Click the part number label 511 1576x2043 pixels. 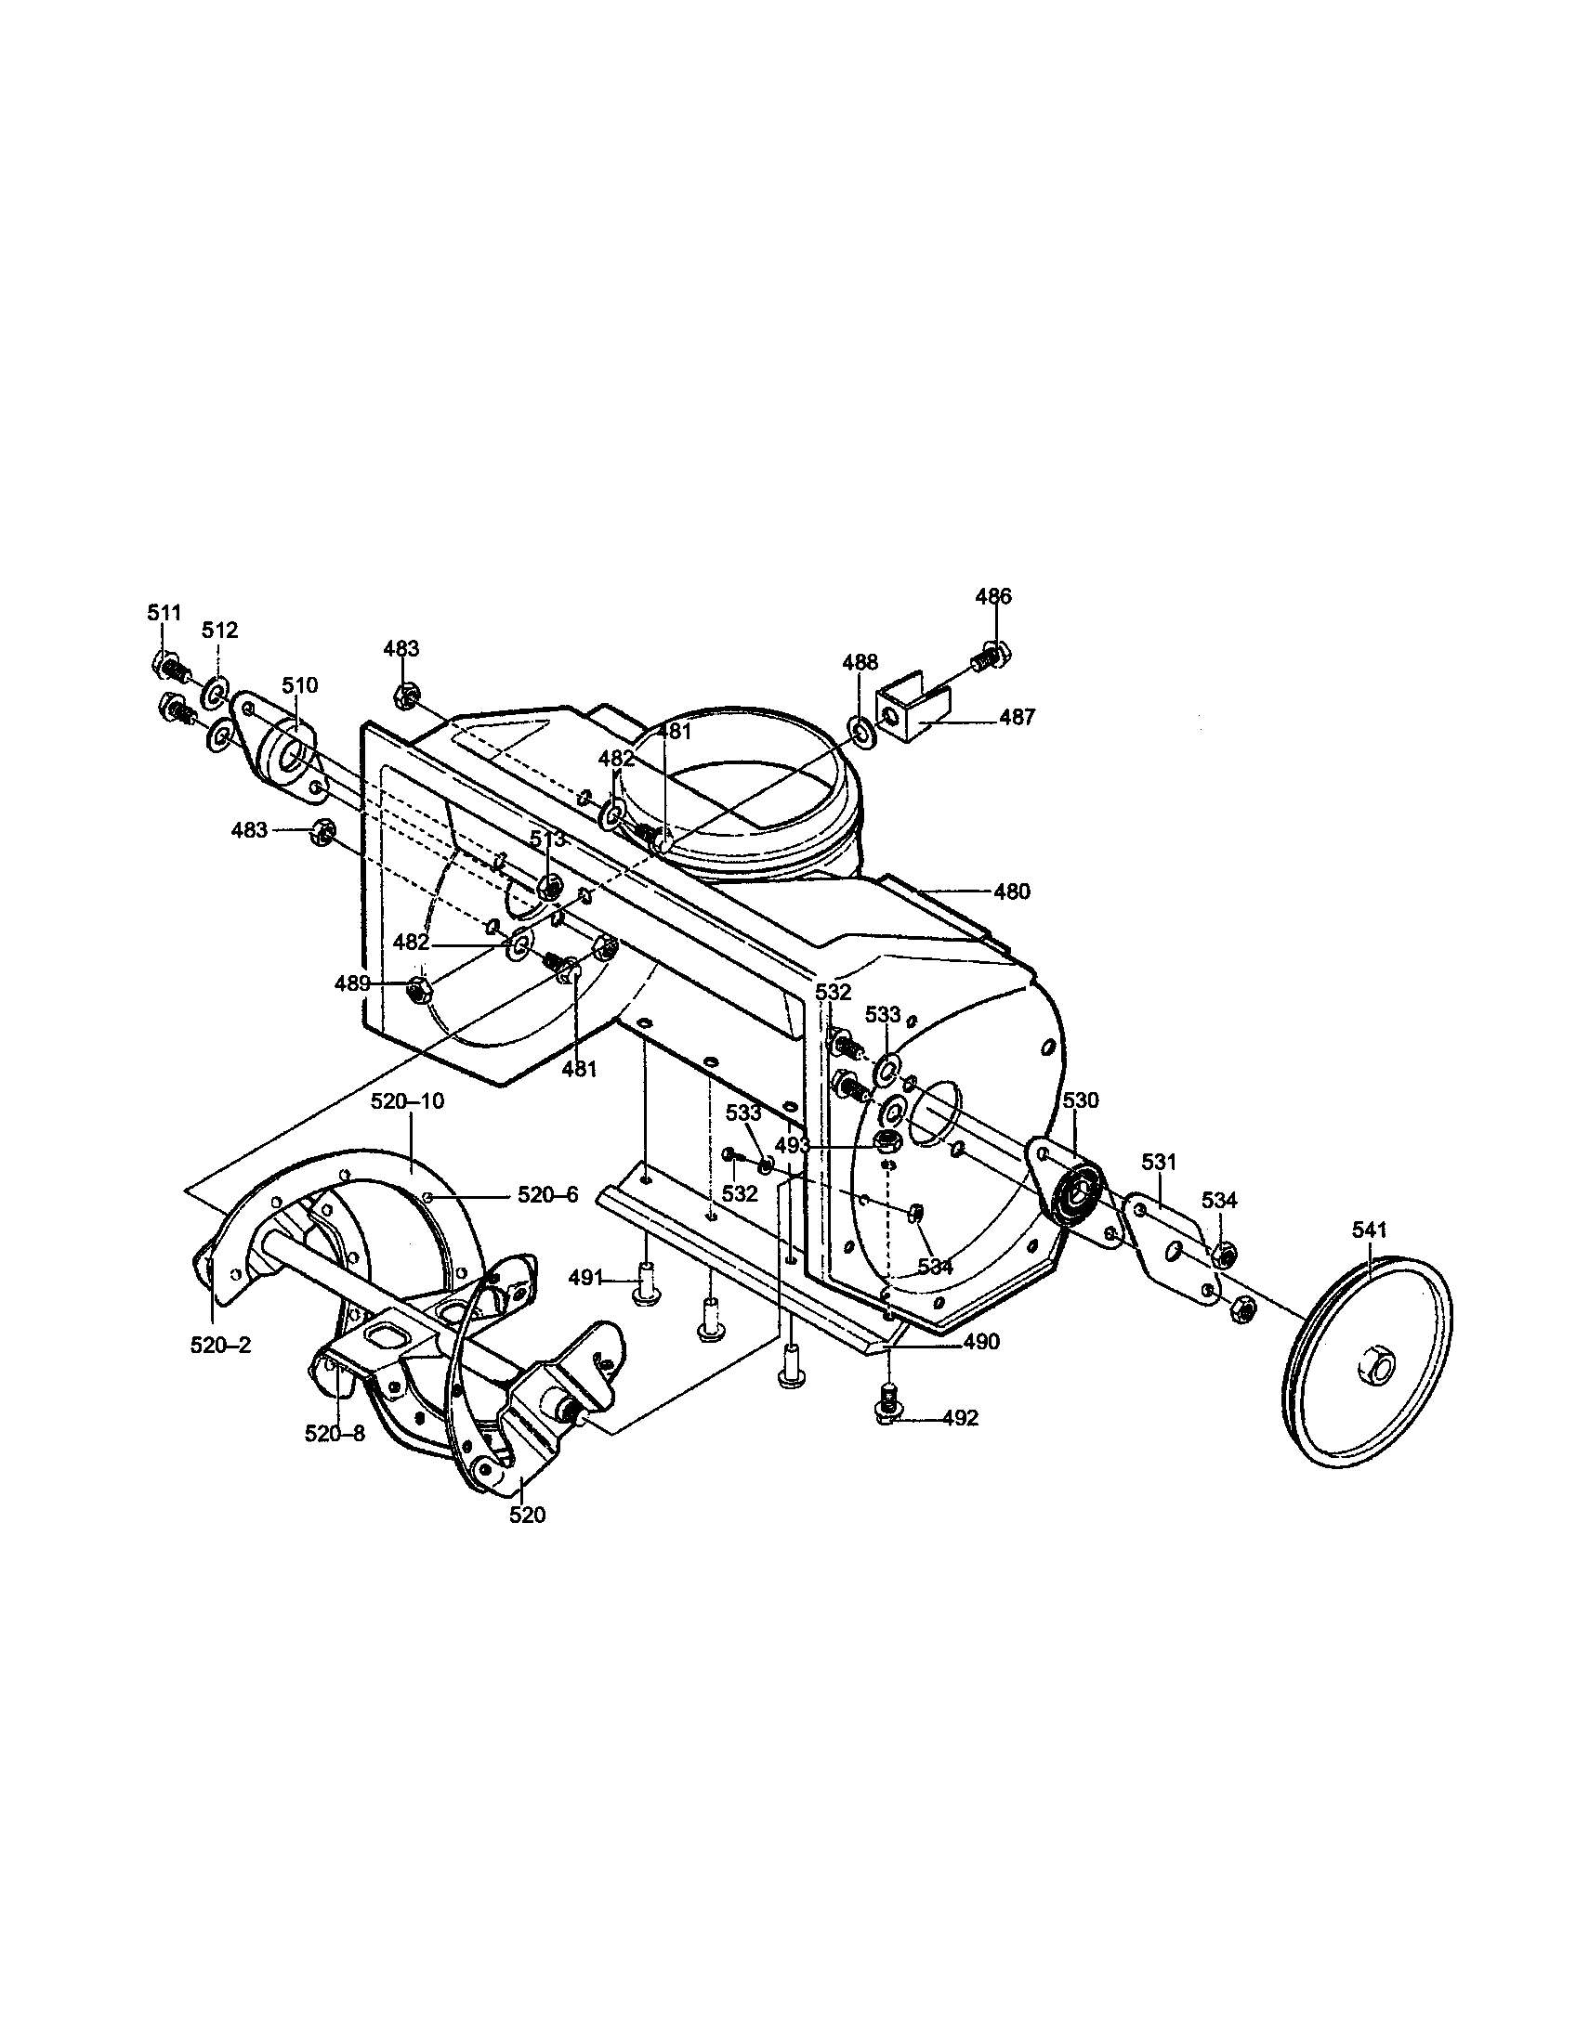click(x=164, y=613)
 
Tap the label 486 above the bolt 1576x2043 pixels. click(x=993, y=596)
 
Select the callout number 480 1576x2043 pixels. click(x=1011, y=891)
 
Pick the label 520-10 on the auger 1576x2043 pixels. click(x=407, y=1101)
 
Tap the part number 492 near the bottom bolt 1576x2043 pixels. click(x=960, y=1418)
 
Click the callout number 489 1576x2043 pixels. click(x=352, y=982)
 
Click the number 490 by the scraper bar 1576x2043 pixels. click(x=980, y=1342)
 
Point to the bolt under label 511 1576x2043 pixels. click(x=168, y=665)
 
